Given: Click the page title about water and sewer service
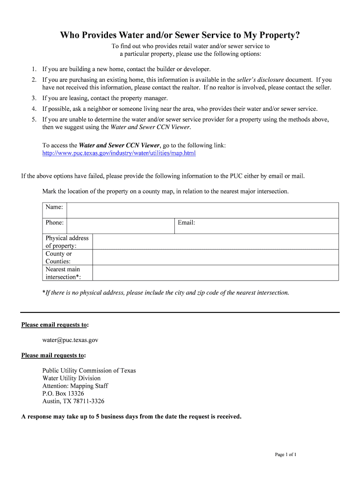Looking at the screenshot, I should click(x=180, y=36).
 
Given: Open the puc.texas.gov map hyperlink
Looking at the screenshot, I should click(x=119, y=153).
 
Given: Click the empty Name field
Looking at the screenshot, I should click(x=202, y=210).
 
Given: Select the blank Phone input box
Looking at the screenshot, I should click(x=121, y=226).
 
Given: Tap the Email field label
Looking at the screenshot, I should click(x=186, y=223).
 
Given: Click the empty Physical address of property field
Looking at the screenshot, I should click(x=216, y=241).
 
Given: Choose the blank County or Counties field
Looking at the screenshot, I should click(x=216, y=257).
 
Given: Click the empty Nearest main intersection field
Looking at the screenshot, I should click(x=216, y=273).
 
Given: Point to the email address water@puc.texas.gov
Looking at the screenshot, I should click(x=70, y=340).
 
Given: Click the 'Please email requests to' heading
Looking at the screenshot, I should click(x=55, y=325).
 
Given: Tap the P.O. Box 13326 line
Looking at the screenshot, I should click(x=63, y=393).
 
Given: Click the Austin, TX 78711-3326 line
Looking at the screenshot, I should click(x=73, y=401).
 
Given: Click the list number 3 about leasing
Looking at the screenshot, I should click(x=34, y=98).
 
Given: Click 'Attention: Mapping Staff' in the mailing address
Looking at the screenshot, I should click(x=75, y=386).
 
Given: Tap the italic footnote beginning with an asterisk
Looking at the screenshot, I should click(x=166, y=293).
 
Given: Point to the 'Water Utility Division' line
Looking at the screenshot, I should click(x=72, y=378).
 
